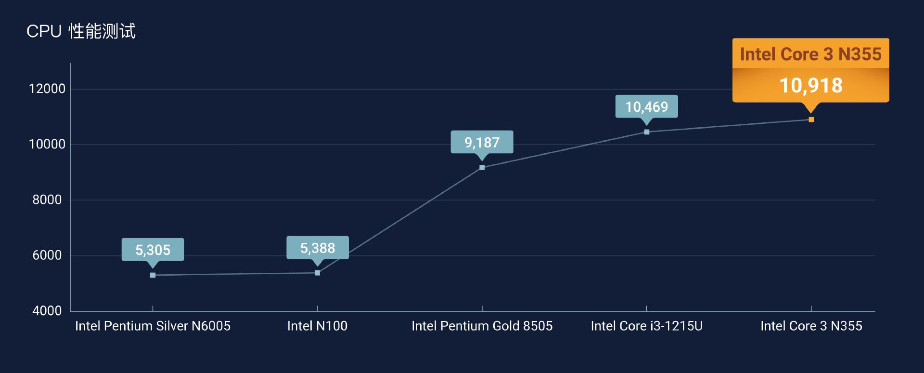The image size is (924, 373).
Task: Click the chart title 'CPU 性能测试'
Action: (81, 31)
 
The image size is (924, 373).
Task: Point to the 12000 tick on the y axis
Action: (47, 89)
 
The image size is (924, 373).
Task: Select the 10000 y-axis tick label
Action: (47, 144)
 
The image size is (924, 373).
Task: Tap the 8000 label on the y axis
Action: (47, 200)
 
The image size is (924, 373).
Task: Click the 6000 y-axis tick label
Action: (47, 255)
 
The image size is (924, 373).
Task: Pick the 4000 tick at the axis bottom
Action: (47, 311)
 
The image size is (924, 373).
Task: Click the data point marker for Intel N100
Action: (317, 273)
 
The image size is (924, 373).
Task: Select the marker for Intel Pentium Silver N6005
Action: (153, 275)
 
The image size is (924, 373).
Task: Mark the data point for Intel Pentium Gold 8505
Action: (482, 168)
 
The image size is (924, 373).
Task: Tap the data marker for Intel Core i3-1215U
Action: (646, 132)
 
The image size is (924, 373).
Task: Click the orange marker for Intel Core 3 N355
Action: (811, 120)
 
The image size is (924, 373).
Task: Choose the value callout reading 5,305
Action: (153, 250)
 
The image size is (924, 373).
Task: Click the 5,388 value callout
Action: (317, 248)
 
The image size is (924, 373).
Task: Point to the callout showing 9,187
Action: (482, 142)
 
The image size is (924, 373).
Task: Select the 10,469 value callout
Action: (646, 107)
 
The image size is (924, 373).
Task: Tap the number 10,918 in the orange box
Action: (811, 86)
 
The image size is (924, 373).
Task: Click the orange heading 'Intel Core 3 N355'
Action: (811, 54)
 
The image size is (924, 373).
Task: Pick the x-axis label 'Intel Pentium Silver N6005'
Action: (153, 326)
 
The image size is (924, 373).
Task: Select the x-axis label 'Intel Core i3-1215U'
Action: (646, 326)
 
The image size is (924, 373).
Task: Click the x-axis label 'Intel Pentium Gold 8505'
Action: (482, 326)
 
